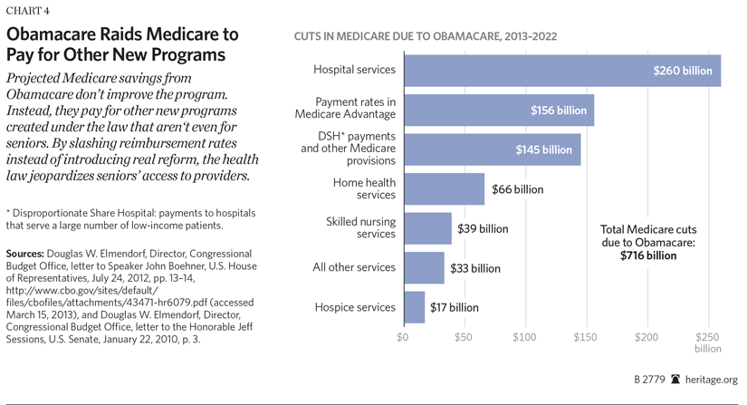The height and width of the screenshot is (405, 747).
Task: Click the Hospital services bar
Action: point(561,70)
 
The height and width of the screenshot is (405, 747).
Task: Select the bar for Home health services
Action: point(444,188)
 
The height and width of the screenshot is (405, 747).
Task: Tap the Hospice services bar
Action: point(414,307)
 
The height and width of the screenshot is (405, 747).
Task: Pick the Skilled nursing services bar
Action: point(426,228)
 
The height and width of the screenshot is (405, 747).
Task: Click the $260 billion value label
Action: point(683,70)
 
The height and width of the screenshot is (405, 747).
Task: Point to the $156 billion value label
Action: point(558,110)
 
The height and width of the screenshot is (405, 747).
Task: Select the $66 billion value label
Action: point(517,188)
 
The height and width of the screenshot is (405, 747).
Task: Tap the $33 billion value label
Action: point(474,268)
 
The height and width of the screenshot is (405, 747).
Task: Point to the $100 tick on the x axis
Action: point(525,337)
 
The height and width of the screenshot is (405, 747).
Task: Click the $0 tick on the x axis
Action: point(403,337)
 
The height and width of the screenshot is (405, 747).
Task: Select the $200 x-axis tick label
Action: point(646,337)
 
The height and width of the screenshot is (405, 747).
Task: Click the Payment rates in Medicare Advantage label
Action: point(346,109)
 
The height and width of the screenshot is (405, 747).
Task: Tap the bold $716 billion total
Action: point(648,256)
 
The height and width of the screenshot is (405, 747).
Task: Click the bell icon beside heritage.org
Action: point(675,381)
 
